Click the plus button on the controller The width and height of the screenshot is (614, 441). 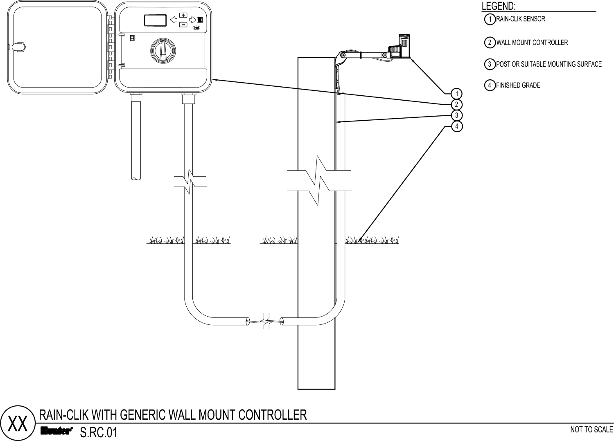coord(183,15)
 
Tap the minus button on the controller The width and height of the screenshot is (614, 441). coord(183,25)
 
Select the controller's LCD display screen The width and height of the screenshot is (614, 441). coord(156,20)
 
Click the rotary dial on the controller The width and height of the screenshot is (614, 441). coord(163,51)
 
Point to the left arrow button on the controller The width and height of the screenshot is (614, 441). coord(174,20)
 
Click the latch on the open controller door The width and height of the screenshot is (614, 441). coord(19,47)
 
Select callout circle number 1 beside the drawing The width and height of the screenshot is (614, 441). coord(457,94)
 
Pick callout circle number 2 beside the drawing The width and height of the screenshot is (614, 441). coord(457,105)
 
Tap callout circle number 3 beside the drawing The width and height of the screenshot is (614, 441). coord(457,115)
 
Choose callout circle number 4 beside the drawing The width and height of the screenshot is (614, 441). coord(457,126)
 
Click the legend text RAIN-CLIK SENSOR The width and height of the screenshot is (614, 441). coord(521,19)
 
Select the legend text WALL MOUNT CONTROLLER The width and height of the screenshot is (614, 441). coord(532,43)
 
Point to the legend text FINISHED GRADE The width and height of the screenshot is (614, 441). coord(518,85)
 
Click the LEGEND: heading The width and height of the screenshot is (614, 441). coord(499,6)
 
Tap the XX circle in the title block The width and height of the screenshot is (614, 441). coord(18,423)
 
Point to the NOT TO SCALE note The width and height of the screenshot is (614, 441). coord(591,430)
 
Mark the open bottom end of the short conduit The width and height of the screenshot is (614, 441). coord(136,178)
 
